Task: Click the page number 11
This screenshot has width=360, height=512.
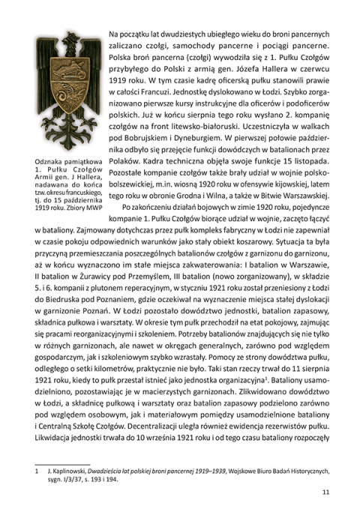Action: coord(325,493)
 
